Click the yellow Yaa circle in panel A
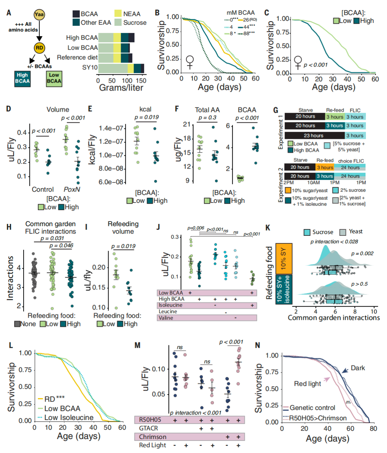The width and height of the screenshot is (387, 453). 39,15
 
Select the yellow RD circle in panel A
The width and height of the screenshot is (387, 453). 39,48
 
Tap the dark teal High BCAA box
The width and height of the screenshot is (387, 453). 22,78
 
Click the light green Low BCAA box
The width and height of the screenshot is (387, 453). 54,78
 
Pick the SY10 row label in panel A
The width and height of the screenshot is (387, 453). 90,67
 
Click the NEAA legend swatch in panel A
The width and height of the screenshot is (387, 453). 118,14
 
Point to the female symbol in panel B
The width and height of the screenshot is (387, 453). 190,62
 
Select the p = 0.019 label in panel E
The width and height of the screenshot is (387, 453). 147,117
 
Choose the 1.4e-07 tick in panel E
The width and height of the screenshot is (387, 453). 111,128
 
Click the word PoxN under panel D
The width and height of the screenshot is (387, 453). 71,189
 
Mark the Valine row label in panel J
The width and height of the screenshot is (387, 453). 166,318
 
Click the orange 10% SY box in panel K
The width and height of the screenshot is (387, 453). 284,258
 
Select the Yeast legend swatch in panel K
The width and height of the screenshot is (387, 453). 343,232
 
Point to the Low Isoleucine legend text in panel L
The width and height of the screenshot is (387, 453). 69,417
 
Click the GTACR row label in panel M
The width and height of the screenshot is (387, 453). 148,428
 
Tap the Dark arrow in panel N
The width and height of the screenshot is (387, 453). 344,370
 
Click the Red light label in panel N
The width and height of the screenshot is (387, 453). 307,384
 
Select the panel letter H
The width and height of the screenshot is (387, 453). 9,227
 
